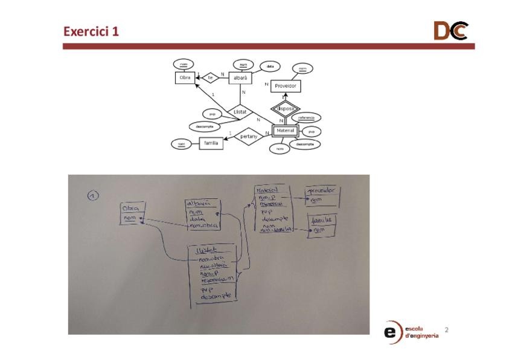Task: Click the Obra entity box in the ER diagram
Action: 185,77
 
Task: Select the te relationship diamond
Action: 210,77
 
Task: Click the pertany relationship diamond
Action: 249,137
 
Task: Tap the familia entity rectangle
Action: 211,143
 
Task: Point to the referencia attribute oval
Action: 307,117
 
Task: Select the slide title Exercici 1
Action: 91,31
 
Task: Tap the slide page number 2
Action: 447,330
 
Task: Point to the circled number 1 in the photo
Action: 93,195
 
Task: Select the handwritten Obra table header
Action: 131,208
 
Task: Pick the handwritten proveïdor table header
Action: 322,192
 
